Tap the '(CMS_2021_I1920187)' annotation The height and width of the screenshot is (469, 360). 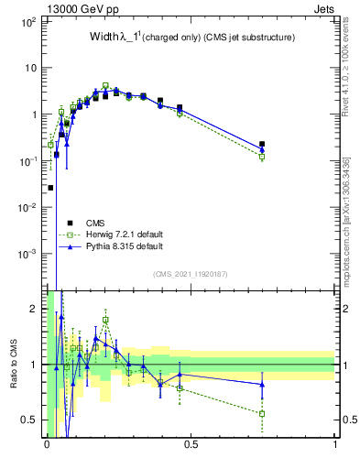191,273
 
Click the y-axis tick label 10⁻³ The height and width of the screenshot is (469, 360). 27,253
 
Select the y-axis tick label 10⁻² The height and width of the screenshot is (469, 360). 27,207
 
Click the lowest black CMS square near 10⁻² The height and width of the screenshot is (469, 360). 50,188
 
